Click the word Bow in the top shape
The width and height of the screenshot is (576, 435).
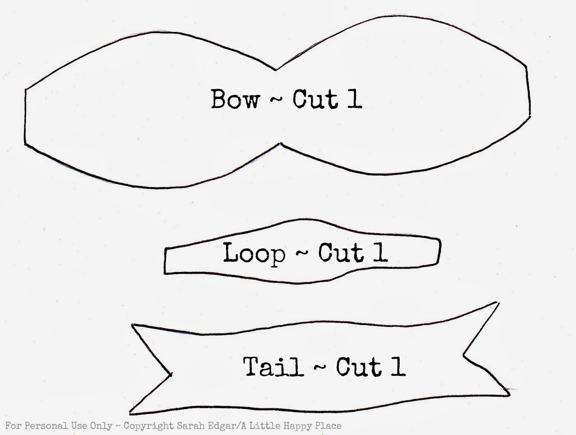click(x=235, y=99)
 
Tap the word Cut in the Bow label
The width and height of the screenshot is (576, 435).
click(x=315, y=99)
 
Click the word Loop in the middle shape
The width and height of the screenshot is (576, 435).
click(x=254, y=253)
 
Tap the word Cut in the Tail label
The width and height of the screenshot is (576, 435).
click(x=359, y=367)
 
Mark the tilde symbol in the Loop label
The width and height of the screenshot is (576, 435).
click(x=302, y=253)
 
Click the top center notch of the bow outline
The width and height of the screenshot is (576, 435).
click(x=275, y=70)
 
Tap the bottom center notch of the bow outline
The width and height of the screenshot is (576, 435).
click(x=280, y=143)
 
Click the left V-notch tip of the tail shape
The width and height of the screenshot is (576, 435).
click(x=172, y=375)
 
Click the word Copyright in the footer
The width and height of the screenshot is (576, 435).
click(x=149, y=426)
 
